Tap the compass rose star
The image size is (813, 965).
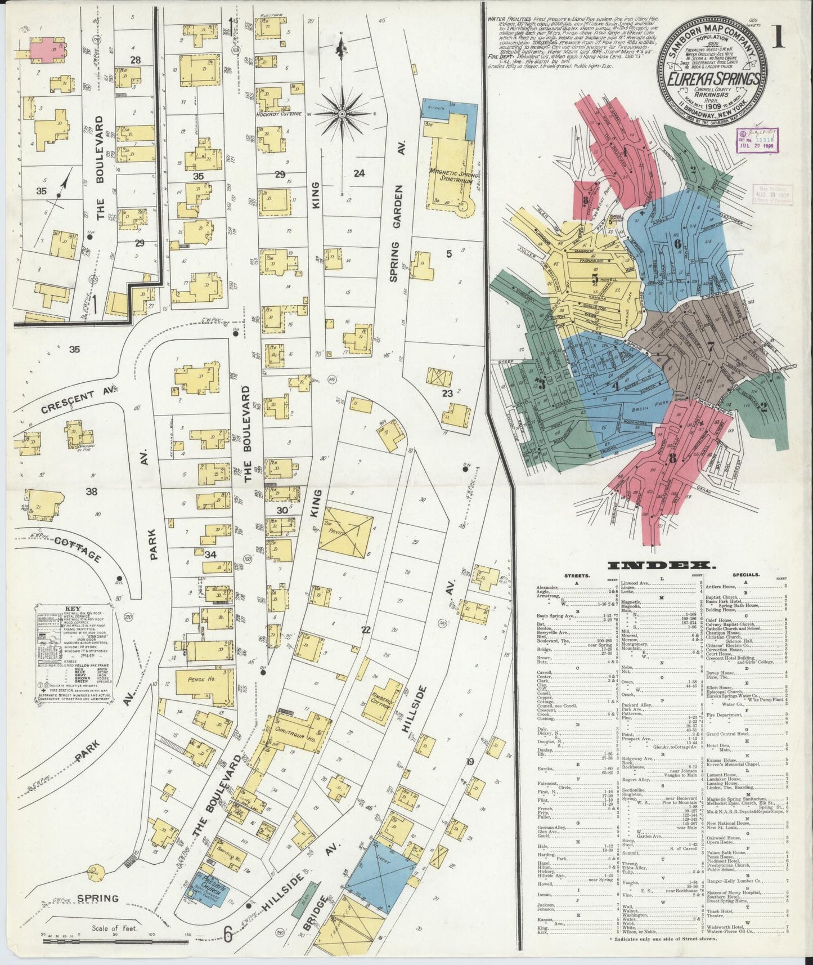click(341, 114)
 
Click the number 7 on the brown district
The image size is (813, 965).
click(711, 346)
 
